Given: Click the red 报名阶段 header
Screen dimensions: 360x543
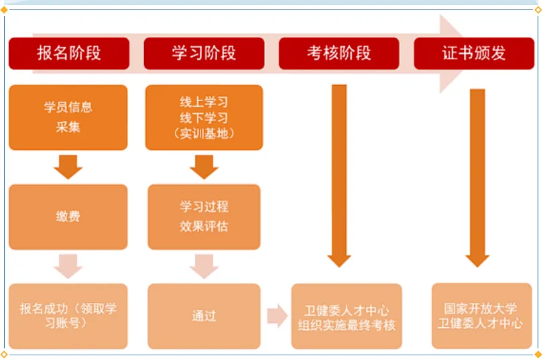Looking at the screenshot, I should point(68,54).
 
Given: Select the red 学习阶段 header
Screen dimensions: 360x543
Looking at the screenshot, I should point(204,54).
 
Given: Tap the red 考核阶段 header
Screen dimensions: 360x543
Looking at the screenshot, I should point(339,54).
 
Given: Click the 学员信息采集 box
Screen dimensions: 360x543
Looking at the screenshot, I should point(68,117).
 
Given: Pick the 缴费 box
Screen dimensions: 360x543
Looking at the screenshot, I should point(68,217).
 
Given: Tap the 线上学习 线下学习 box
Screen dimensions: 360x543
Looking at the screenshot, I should point(204,117).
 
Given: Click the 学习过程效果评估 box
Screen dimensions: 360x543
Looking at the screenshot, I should point(204,217).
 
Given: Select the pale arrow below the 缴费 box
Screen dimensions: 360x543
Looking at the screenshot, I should point(68,266).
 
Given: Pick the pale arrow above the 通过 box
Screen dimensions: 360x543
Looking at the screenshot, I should point(204,266).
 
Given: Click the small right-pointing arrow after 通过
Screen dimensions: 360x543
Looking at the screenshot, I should point(276,316).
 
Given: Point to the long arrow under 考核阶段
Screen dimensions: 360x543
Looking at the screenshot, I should point(340,174).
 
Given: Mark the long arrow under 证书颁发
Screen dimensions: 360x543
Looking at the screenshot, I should point(477,174).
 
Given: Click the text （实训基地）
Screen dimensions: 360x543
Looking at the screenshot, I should point(204,133).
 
